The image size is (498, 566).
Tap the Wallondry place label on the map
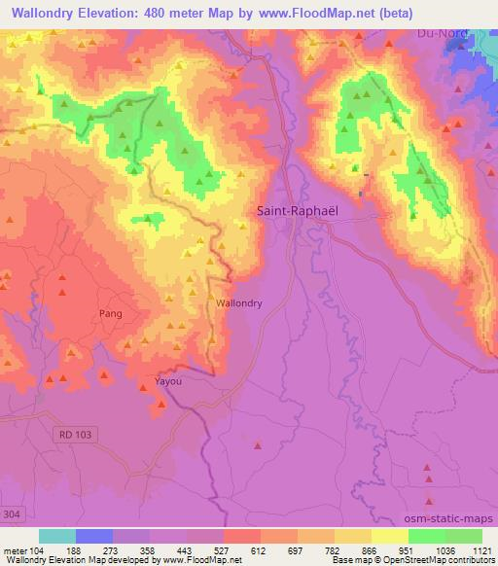(238, 303)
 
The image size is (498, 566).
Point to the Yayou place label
(169, 381)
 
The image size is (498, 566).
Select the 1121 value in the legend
(480, 549)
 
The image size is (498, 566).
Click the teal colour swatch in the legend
(57, 536)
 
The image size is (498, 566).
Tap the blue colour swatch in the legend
(94, 536)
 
